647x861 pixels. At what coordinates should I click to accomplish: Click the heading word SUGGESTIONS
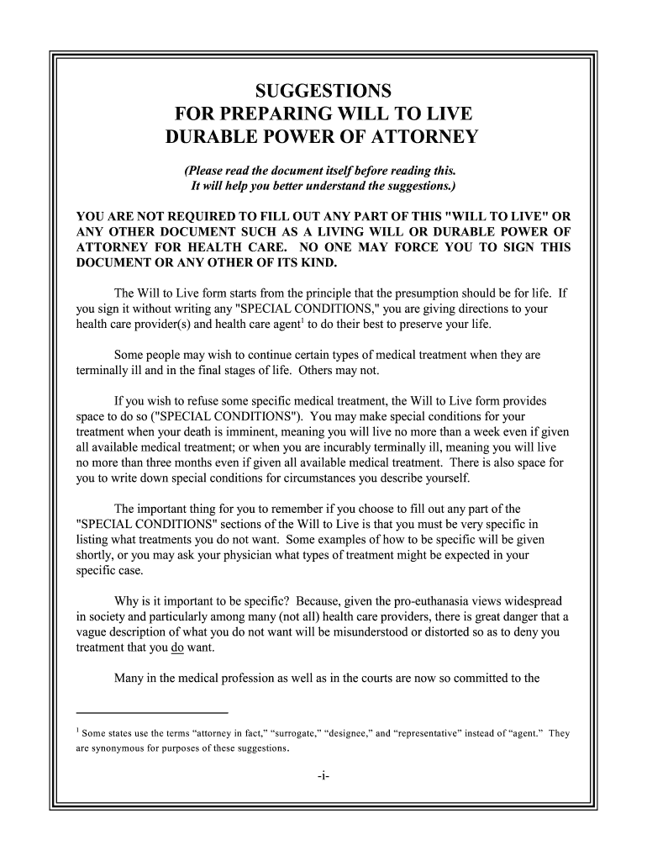click(x=323, y=90)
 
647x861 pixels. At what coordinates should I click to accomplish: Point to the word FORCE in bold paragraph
click(x=427, y=247)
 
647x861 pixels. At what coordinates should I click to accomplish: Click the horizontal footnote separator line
click(x=151, y=713)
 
